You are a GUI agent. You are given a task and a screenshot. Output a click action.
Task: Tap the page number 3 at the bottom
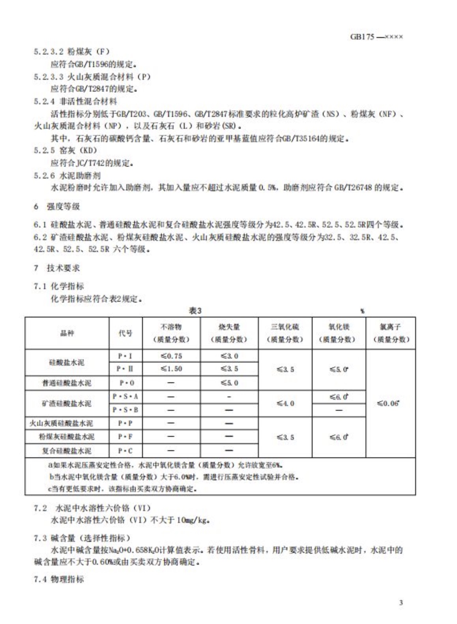pos(401,602)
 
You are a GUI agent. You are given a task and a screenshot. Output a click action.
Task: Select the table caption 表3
pos(195,311)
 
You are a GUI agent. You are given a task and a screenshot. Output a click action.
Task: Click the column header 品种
pos(67,333)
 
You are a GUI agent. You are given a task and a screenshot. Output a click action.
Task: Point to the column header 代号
pos(125,333)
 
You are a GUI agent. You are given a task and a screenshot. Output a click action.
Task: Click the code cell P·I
pos(125,356)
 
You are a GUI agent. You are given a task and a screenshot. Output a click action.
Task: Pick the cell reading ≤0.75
pos(171,356)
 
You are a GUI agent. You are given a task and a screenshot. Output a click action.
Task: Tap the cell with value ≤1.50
pos(171,369)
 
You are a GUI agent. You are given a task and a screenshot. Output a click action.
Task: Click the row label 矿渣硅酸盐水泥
pos(67,403)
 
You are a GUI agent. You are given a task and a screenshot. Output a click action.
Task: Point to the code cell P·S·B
pos(125,410)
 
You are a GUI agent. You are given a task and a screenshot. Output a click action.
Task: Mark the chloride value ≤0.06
pos(388,403)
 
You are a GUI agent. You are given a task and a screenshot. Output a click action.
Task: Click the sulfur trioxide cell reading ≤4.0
pos(285,403)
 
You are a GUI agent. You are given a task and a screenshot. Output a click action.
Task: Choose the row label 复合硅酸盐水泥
pos(67,451)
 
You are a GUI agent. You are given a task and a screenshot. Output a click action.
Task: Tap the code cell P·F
pos(125,437)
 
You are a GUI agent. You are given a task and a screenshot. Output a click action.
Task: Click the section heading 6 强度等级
pos(57,206)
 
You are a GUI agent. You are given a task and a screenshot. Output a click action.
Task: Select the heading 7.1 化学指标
pos(59,286)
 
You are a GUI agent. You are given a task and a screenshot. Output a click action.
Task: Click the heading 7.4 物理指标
pos(59,579)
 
